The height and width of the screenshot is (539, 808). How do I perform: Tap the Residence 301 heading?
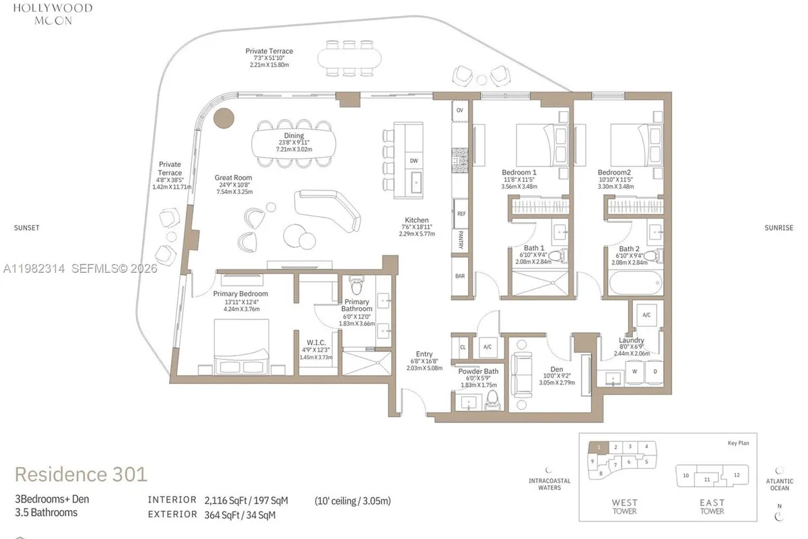coord(81,474)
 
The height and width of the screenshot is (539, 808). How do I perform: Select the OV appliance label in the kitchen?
coord(461,110)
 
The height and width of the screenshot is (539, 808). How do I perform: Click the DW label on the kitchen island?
coord(413,161)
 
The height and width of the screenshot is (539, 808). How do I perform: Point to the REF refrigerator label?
coord(461,214)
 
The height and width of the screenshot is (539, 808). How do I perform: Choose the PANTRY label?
coord(461,236)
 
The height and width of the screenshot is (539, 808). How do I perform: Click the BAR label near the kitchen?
coord(461,276)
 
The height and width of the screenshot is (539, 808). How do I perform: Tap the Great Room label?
coord(234,178)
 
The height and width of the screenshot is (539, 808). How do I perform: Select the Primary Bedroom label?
coord(240,294)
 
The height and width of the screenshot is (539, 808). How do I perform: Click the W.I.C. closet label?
coord(315,342)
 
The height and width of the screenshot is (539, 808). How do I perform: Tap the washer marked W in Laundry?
coord(634,371)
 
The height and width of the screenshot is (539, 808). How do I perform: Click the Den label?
coord(557,370)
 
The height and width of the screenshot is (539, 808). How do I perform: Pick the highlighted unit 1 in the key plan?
coord(597,447)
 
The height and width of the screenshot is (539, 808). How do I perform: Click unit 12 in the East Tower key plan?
coord(737,475)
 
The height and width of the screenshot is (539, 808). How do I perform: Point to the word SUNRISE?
coord(778,228)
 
